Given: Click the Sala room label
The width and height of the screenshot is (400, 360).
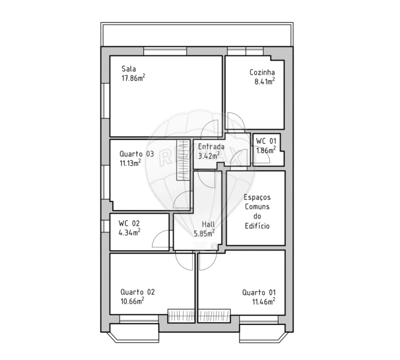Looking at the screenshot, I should tap(129, 69).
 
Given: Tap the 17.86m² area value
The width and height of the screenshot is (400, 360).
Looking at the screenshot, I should tap(133, 78).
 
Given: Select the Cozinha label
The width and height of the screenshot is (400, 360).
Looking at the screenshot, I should tap(262, 72).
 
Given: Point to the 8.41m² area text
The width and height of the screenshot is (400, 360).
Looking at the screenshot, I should tap(265, 81).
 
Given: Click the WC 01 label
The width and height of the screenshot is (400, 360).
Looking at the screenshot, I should tap(266, 141).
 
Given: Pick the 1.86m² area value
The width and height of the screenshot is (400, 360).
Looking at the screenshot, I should tap(266, 150).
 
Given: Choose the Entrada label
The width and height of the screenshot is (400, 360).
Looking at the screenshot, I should tap(211, 147).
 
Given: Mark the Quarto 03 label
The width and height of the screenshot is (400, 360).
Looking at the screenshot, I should tap(136, 153).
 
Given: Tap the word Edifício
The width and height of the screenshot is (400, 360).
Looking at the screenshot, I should tap(257, 226).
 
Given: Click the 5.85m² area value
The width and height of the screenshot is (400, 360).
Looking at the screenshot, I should tap(204, 232).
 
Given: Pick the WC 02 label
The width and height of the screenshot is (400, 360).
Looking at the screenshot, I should tap(129, 223).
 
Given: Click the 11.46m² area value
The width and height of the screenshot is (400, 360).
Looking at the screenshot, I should tap(265, 301).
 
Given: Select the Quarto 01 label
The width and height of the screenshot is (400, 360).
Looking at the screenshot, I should tap(259, 292).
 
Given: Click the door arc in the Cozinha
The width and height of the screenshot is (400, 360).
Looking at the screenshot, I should tap(235, 122).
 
